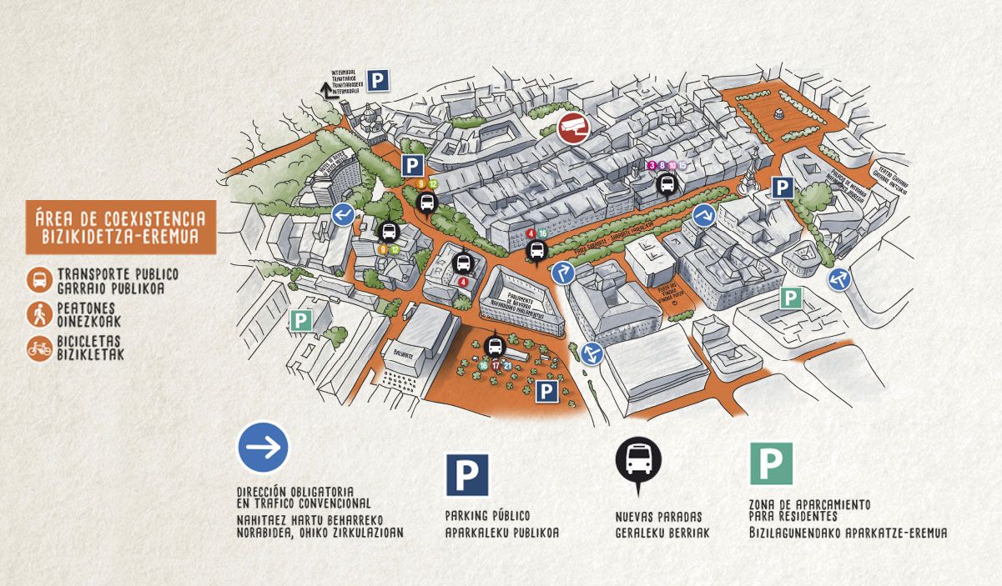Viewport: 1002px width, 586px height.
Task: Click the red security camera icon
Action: [573, 128]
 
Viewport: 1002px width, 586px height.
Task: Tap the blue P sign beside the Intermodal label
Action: [379, 81]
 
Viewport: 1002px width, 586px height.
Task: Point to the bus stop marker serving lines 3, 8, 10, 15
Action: [667, 183]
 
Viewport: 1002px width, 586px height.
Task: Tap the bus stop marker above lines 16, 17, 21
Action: [495, 346]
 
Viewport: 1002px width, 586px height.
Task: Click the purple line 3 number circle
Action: [652, 166]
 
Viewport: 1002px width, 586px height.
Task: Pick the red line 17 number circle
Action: [496, 365]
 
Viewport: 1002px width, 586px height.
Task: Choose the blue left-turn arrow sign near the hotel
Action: [343, 215]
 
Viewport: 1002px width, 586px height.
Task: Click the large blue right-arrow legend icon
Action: [264, 448]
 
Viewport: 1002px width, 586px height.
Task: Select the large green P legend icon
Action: [771, 463]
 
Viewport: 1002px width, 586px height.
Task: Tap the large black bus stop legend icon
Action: [638, 459]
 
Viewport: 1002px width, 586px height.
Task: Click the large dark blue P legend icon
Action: [467, 475]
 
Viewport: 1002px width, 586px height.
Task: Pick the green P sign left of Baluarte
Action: [300, 320]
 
